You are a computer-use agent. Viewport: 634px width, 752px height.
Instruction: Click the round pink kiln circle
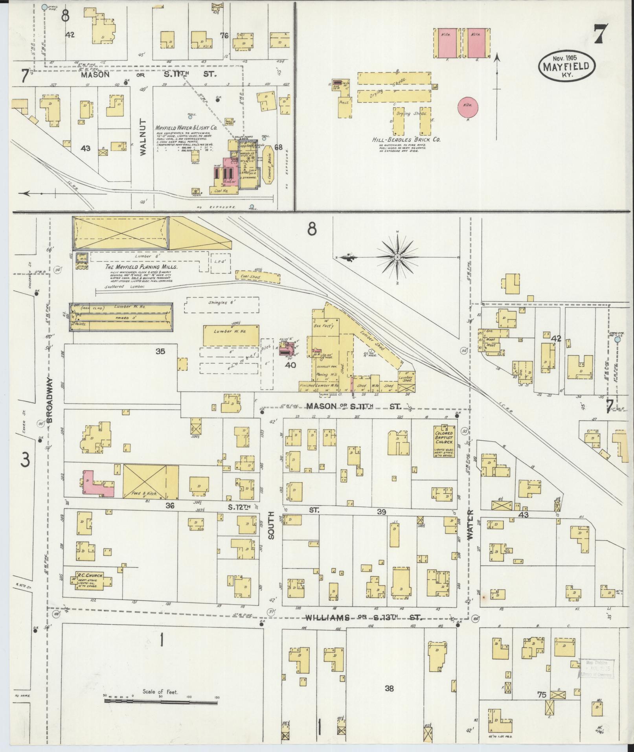tap(468, 107)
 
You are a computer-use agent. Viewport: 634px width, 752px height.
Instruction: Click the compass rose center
tap(397, 257)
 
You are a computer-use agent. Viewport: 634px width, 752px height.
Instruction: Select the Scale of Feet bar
tap(161, 701)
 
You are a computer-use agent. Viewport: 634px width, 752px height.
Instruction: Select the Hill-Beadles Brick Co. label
tap(406, 140)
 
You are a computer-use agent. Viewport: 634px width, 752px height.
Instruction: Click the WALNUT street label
tap(142, 137)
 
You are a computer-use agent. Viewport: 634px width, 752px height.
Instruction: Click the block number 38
tap(389, 688)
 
